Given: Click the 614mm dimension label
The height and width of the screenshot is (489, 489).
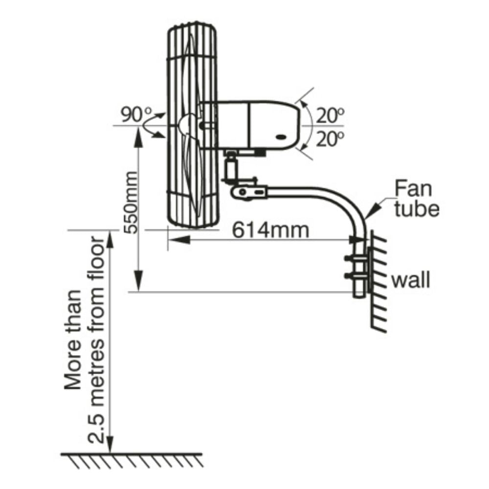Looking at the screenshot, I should (x=270, y=229).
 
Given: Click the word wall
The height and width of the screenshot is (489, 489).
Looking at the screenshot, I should (x=411, y=281).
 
